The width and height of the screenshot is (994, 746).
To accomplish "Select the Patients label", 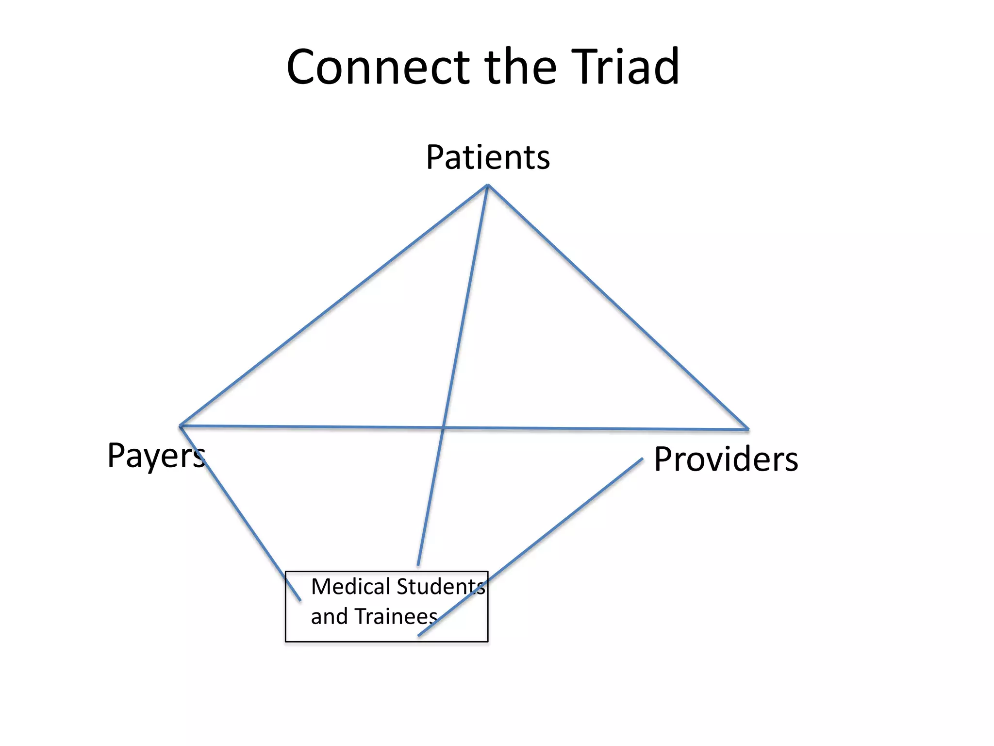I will coord(488,158).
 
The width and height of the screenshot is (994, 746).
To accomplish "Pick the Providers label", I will coord(726,459).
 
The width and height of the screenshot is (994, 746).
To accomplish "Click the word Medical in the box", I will coord(350,587).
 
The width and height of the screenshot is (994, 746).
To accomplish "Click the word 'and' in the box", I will coord(329,617).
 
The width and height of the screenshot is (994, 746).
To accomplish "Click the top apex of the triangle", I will coord(488,185).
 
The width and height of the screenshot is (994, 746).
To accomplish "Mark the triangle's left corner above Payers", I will coord(181,426).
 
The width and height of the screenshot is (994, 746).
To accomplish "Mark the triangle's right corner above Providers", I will coord(748,429).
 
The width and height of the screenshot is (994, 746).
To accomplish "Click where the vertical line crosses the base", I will coord(443,428).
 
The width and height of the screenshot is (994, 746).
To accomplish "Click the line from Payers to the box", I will coord(240,513).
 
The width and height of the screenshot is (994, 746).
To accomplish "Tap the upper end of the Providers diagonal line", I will coord(642,458).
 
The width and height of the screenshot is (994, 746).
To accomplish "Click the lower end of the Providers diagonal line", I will coord(419,635).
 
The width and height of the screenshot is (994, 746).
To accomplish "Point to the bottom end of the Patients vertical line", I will coord(418,565).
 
